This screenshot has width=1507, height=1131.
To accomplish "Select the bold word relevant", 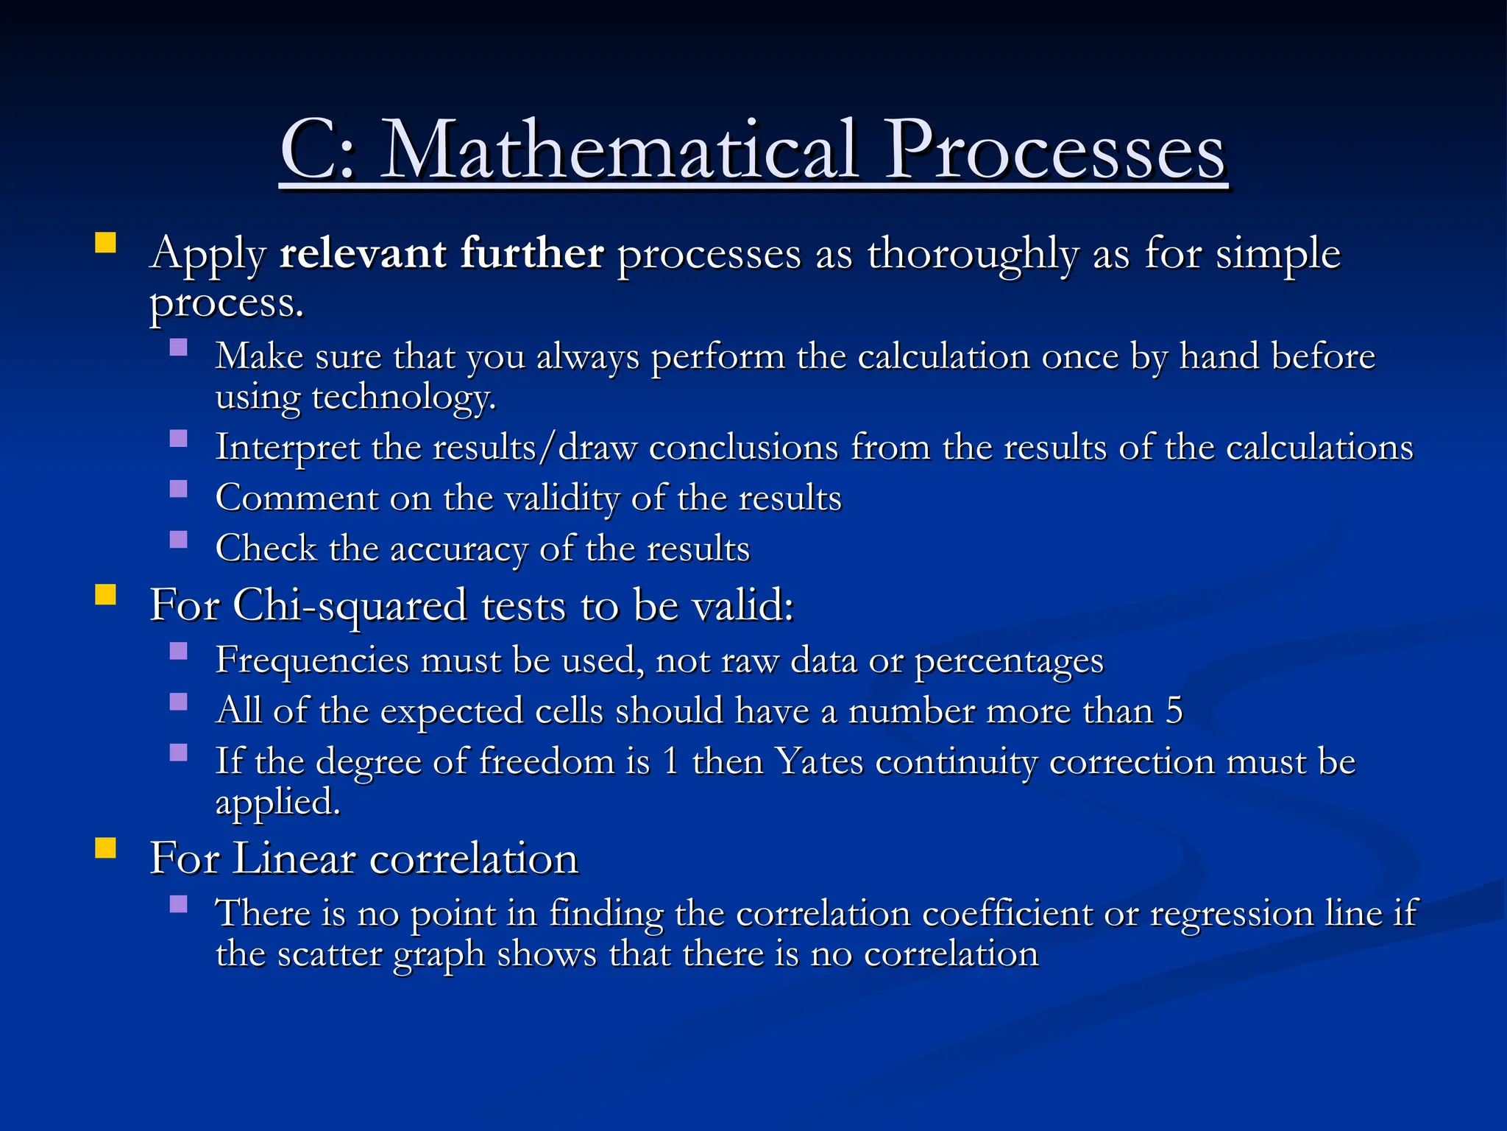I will pos(363,253).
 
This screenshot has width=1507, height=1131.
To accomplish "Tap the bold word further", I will pos(532,253).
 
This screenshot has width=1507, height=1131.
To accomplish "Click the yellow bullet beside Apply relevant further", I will pos(106,243).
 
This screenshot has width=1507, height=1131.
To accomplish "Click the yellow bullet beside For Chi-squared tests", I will pos(106,594).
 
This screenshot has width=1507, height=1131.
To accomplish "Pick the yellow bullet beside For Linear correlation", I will pos(106,848).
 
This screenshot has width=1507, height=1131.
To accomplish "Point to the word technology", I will pos(403,398).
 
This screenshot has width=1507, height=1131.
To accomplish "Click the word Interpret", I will pos(287,448).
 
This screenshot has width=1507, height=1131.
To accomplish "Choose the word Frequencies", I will pos(312,660).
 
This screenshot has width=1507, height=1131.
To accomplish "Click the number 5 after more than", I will pos(1174,711).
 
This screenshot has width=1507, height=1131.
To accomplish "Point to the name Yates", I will pos(820,761).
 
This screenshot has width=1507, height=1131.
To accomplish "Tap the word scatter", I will pos(329,954).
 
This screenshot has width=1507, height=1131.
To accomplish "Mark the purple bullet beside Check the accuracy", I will pos(178,540).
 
